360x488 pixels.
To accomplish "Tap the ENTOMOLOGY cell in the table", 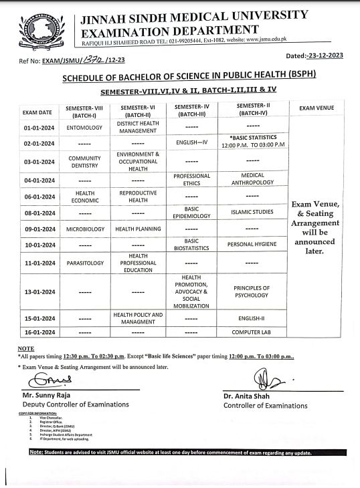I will (x=84, y=127).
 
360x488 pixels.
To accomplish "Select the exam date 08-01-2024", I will (x=39, y=213).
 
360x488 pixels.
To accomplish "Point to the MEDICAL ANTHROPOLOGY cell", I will (x=252, y=179).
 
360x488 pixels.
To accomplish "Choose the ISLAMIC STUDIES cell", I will (x=252, y=213).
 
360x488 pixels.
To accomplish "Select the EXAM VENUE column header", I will (x=317, y=108).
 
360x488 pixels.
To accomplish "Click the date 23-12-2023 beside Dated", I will (x=324, y=56).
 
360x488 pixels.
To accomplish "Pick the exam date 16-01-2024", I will (x=39, y=332).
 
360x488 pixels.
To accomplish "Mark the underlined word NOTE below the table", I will (x=26, y=349).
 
